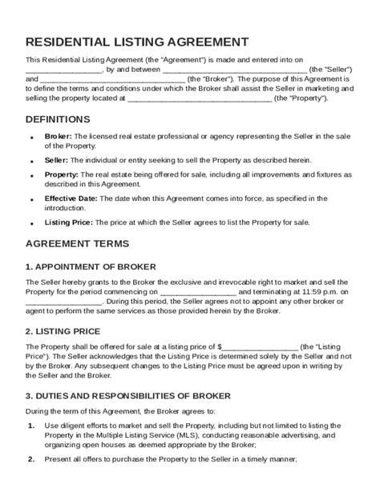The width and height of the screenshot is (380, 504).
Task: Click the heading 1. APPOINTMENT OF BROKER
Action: [x=91, y=266]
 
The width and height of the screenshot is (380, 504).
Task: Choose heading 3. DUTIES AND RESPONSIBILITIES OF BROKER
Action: [x=128, y=395]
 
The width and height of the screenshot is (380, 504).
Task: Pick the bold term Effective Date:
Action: [x=71, y=198]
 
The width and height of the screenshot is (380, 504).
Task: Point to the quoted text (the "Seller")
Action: [x=328, y=70]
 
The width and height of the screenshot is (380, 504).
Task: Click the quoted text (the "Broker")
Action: [x=211, y=79]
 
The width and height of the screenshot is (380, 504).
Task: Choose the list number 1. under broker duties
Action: [x=31, y=425]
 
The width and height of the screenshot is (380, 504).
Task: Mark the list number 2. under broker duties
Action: [x=31, y=459]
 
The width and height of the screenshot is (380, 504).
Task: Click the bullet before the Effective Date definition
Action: [x=31, y=198]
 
